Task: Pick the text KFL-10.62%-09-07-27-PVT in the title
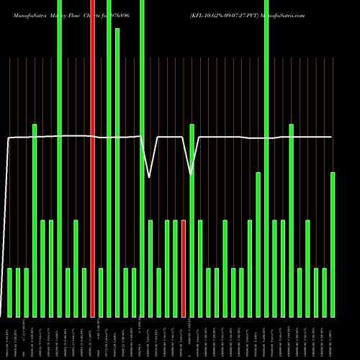point(224,14)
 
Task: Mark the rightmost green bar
point(333,245)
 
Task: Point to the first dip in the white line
point(149,176)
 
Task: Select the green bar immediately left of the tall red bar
point(84,292)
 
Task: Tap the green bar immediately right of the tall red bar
point(101,292)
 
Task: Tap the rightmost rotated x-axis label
point(333,338)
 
